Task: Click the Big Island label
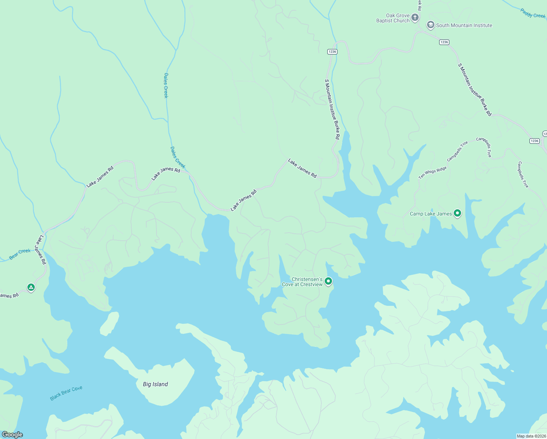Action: tap(155, 384)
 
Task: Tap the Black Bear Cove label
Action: tap(66, 393)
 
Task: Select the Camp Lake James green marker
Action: tap(457, 213)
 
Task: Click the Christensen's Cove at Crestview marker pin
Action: tap(328, 281)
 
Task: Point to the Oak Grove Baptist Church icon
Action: tap(415, 17)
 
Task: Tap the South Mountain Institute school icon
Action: tap(430, 25)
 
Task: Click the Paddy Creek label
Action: tap(533, 14)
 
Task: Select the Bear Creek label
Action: tap(20, 254)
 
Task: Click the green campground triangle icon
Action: tap(31, 288)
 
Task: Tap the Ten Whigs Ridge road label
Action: tap(433, 173)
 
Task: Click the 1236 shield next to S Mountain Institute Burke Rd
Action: tap(332, 52)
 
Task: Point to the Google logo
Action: tap(12, 435)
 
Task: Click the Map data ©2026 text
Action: tap(531, 436)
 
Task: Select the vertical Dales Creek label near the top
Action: tap(166, 86)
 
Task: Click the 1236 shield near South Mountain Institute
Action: tap(444, 42)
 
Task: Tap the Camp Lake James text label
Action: tap(431, 214)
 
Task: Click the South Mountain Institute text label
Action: tap(464, 25)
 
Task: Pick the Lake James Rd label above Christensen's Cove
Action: tap(302, 168)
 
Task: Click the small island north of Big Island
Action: tap(110, 323)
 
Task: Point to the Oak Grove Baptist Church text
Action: tap(393, 18)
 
